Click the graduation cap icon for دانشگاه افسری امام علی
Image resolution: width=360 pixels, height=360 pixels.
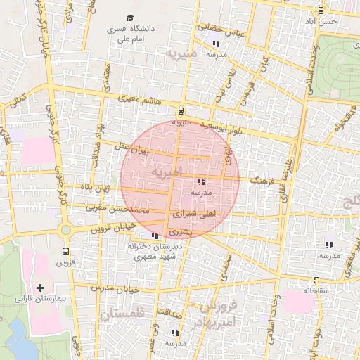click(129, 18)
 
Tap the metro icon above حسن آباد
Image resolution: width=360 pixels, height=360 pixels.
click(321, 10)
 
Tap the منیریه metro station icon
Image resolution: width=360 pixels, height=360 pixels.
click(181, 110)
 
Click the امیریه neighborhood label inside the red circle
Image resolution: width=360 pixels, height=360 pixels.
click(166, 172)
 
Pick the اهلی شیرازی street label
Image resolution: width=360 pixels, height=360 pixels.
click(195, 212)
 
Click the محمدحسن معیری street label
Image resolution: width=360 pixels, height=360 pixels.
click(118, 209)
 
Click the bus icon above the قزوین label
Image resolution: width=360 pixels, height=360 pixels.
click(65, 251)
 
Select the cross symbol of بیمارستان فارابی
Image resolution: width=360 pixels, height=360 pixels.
click(40, 288)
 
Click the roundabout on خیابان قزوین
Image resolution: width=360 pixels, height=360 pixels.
click(65, 230)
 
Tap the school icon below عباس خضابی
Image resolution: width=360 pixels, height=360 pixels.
click(215, 44)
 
